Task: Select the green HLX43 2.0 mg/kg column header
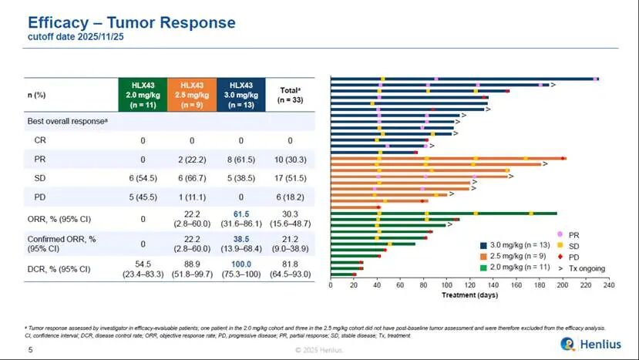[143, 94]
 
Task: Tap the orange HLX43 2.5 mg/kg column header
[192, 94]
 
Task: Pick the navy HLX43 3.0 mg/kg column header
[240, 94]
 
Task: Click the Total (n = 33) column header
[290, 94]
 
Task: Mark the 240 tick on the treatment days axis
[609, 286]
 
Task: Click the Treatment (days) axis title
[469, 294]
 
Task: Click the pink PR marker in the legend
[560, 233]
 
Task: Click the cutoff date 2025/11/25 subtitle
[66, 36]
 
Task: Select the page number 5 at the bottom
[30, 350]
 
